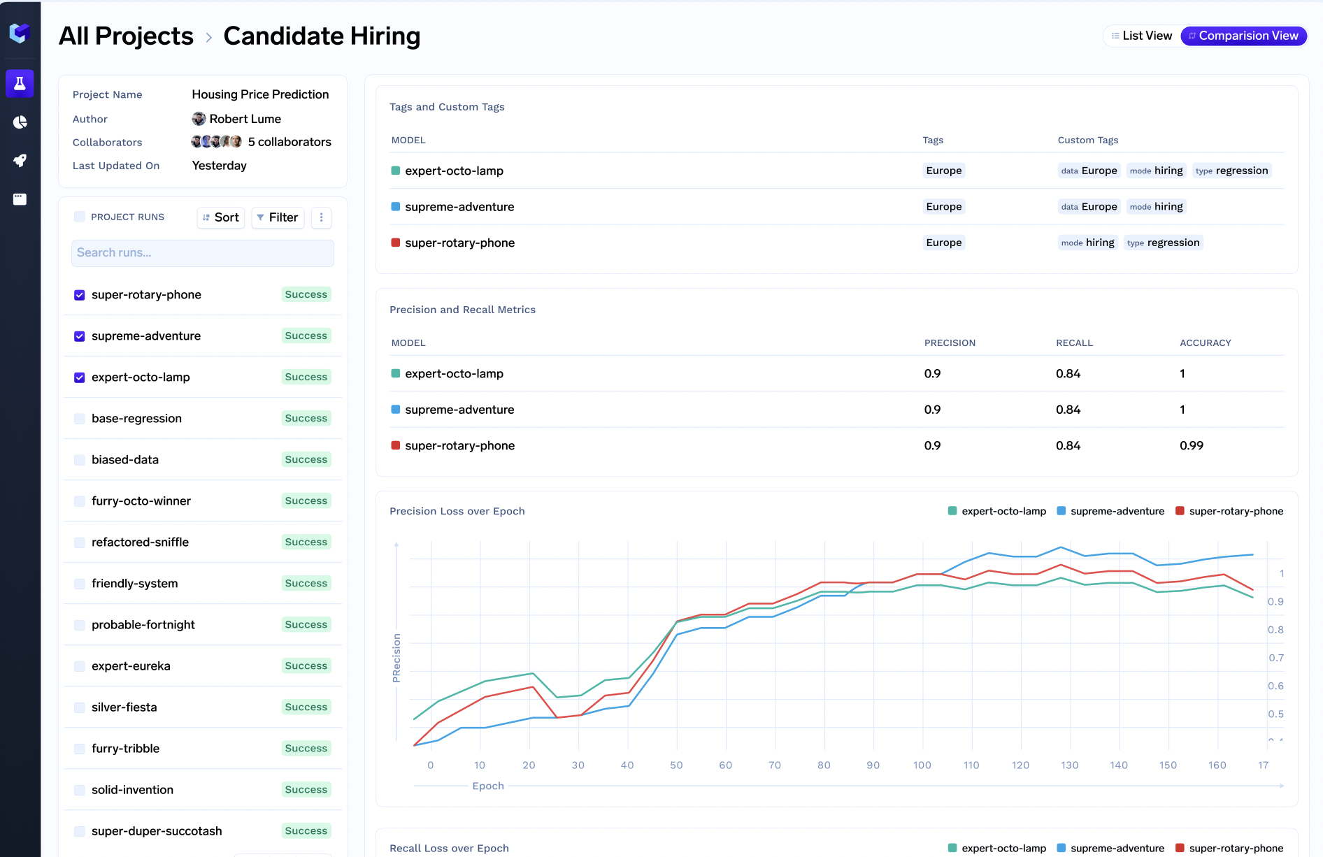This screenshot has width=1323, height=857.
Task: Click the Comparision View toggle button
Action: [x=1243, y=36]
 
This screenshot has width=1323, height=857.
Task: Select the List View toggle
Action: [x=1141, y=36]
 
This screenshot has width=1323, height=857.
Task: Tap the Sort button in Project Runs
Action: [x=221, y=217]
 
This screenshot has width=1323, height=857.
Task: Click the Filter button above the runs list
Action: [x=278, y=217]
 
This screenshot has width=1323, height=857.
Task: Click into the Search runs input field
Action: [x=203, y=253]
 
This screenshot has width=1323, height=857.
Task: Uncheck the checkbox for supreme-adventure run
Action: [x=80, y=336]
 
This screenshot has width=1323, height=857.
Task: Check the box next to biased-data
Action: [x=80, y=460]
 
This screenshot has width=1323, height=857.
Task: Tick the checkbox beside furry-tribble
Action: [x=80, y=749]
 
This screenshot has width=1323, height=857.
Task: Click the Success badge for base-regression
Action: [x=306, y=418]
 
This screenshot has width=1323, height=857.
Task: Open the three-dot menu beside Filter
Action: [x=322, y=217]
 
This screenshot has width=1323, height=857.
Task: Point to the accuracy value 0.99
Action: [x=1191, y=446]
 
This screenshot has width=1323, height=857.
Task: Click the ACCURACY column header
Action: [x=1205, y=343]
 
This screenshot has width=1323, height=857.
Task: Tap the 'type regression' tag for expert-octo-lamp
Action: [x=1231, y=171]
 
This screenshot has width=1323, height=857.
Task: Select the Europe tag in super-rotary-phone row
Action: [x=943, y=243]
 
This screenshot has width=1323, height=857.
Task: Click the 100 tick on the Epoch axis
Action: [x=922, y=765]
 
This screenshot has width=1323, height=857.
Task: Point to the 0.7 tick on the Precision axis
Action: [x=1276, y=658]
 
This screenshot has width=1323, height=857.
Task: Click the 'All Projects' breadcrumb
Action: [x=126, y=36]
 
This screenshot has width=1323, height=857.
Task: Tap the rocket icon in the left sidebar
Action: [x=20, y=161]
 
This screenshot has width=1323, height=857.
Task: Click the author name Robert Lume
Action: [x=245, y=119]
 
